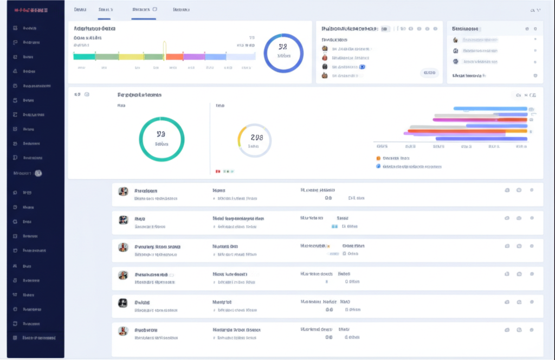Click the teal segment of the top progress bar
click(x=84, y=56)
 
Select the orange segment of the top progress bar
click(x=175, y=56)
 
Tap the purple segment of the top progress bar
click(x=194, y=56)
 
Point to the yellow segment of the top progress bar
click(x=131, y=56)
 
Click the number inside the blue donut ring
click(x=283, y=47)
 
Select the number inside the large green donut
click(x=161, y=133)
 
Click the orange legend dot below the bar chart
click(x=378, y=158)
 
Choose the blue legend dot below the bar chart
click(x=378, y=166)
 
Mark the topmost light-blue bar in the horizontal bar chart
click(x=490, y=108)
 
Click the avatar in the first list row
click(x=123, y=191)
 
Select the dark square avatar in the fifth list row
click(x=123, y=303)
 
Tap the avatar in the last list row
click(x=123, y=330)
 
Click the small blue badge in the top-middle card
click(x=363, y=67)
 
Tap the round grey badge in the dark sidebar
click(x=38, y=173)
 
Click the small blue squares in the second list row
click(x=334, y=226)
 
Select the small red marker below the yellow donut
click(x=217, y=171)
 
